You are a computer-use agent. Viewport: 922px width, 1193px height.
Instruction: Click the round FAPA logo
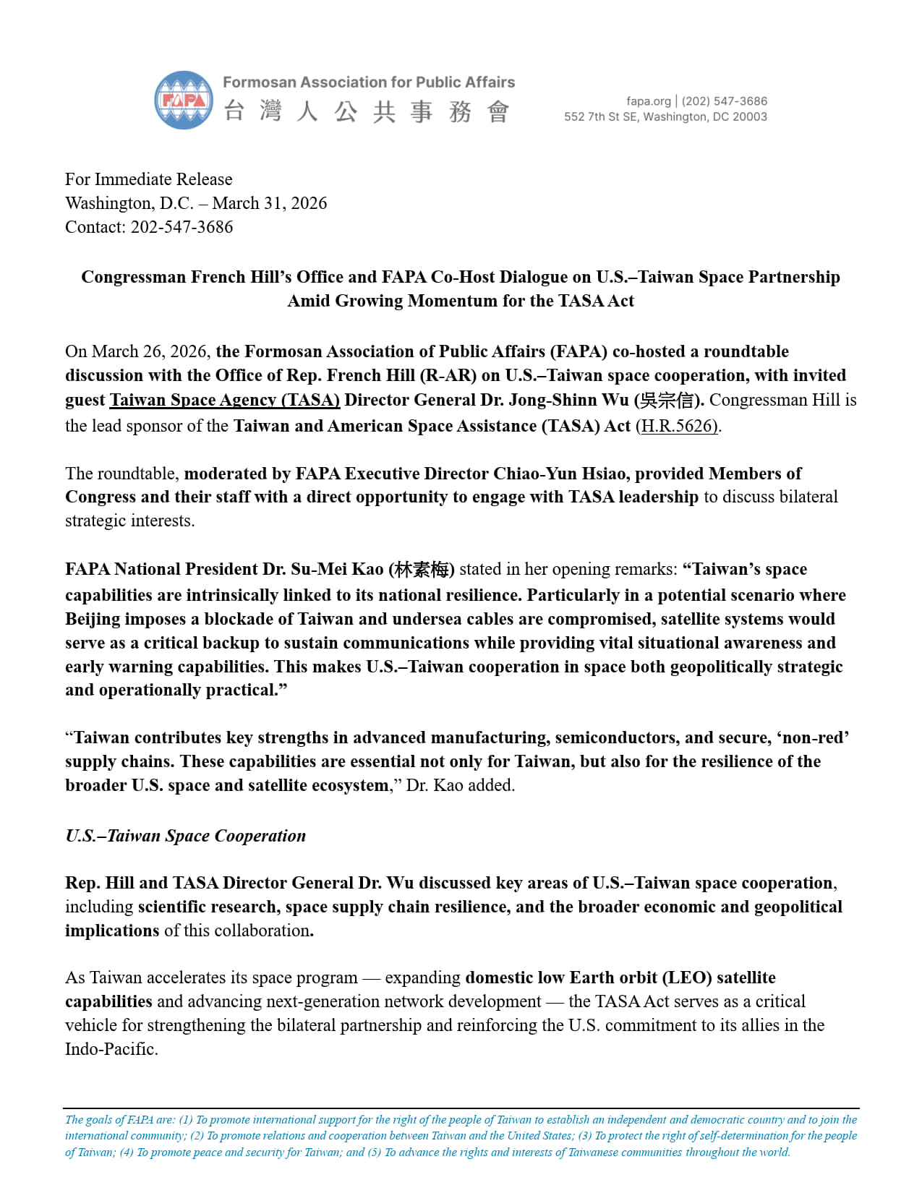click(184, 100)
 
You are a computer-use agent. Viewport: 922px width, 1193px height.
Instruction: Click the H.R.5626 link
click(678, 426)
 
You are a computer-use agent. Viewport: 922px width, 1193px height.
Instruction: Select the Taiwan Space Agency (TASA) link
click(224, 400)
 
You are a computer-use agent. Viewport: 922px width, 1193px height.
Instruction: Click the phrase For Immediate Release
click(149, 179)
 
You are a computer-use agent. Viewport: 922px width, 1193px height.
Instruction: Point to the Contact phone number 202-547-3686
click(182, 227)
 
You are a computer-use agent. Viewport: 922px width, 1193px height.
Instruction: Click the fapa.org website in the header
click(648, 101)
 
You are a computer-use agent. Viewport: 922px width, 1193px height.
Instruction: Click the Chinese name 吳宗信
click(667, 401)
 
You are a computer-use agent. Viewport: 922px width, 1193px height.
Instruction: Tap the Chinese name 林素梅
click(421, 570)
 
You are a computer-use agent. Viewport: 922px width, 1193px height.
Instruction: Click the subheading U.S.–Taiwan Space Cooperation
click(186, 836)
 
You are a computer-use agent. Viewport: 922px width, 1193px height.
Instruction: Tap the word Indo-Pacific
click(111, 1049)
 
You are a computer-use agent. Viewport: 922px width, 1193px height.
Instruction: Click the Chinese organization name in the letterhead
click(367, 112)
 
